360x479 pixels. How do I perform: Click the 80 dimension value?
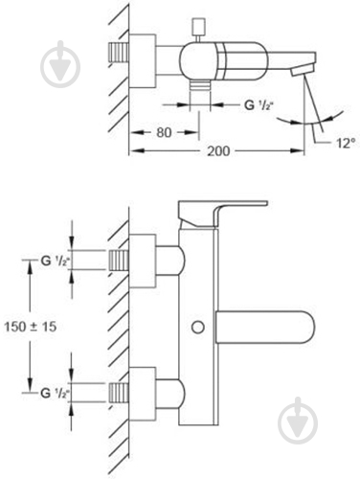pyautogui.click(x=164, y=132)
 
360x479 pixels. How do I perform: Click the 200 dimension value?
pyautogui.click(x=218, y=150)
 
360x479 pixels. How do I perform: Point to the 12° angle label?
pyautogui.click(x=346, y=144)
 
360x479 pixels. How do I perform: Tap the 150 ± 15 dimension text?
pyautogui.click(x=31, y=327)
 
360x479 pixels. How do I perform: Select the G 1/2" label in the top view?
pyautogui.click(x=259, y=105)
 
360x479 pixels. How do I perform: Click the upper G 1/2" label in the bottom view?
pyautogui.click(x=56, y=262)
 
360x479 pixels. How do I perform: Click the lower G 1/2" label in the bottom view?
pyautogui.click(x=56, y=393)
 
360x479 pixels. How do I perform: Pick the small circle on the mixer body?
pyautogui.click(x=198, y=328)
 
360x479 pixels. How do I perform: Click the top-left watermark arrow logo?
pyautogui.click(x=60, y=65)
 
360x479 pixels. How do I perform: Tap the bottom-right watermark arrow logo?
pyautogui.click(x=298, y=421)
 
